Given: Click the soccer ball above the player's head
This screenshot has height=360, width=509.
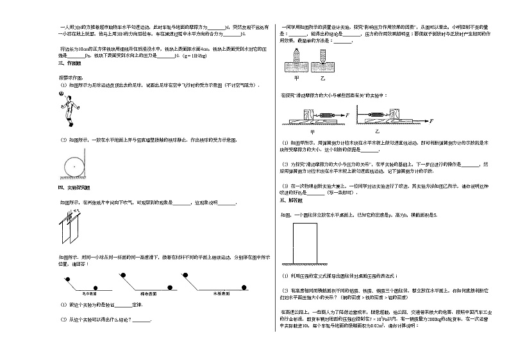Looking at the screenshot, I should pos(60,94).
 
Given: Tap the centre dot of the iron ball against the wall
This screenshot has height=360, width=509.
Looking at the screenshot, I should pos(74,165).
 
